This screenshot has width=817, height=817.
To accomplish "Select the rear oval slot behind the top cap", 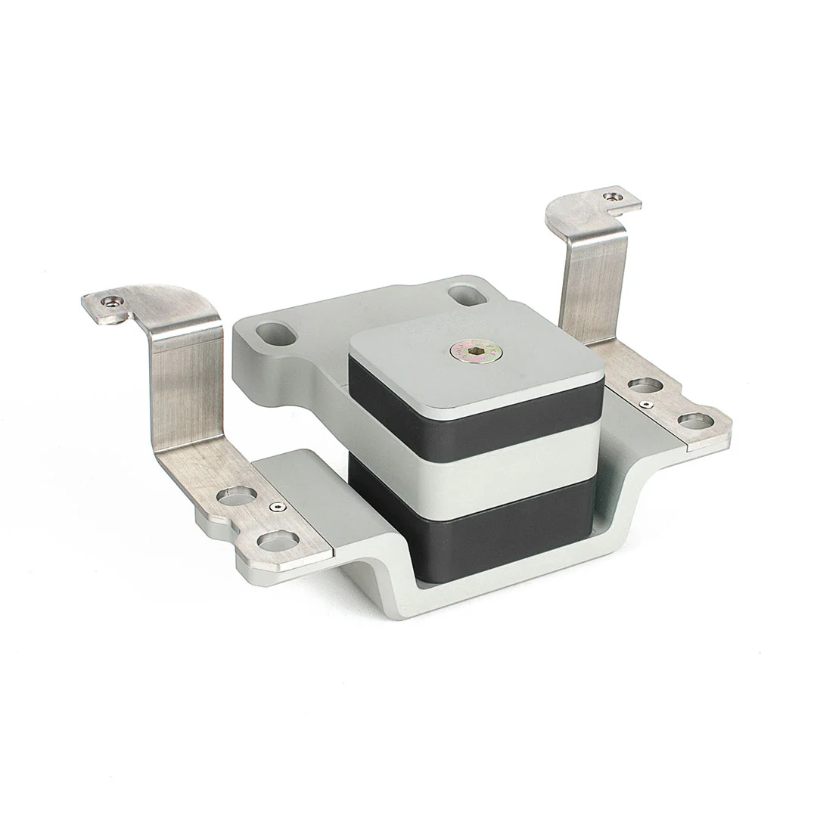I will click(467, 294).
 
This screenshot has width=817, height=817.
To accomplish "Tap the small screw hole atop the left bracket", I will click(112, 300).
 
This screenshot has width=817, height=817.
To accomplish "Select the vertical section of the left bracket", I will click(185, 393).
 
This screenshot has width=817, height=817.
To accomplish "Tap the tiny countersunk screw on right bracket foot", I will click(645, 405).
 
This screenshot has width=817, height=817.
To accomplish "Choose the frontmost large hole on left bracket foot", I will click(278, 540).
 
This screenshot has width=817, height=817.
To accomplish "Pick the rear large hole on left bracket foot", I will click(237, 496).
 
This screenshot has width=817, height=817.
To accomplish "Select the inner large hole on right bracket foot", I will click(645, 385).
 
